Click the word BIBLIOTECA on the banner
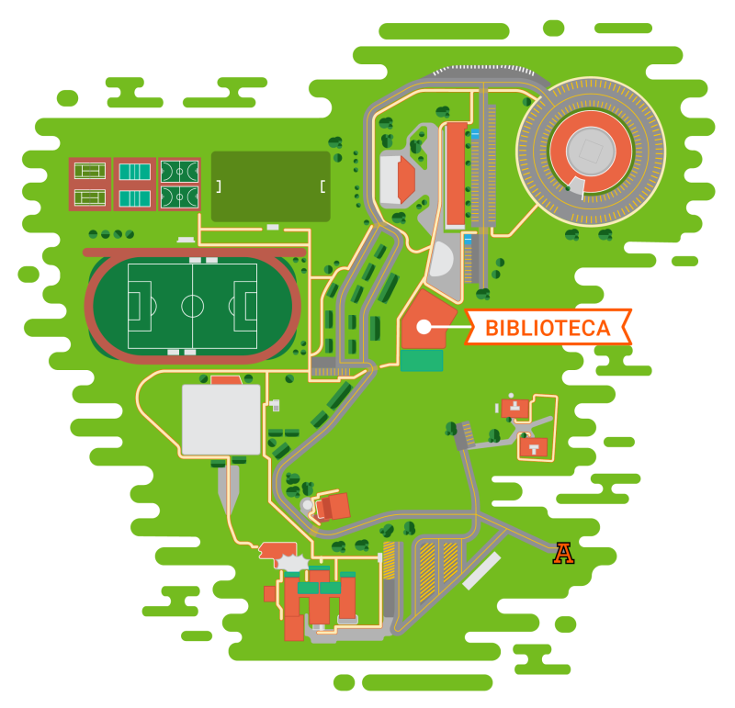[548, 328]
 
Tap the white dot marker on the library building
[423, 326]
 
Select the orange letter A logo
[564, 553]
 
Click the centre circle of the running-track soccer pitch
[192, 306]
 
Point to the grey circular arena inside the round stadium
[590, 148]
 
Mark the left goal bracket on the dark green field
[219, 186]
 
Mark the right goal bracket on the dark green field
[322, 186]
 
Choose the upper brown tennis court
[90, 171]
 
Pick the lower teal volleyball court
[135, 197]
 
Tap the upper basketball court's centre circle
[179, 171]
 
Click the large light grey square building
[220, 420]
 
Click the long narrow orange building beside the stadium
[455, 174]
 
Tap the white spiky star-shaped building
[292, 563]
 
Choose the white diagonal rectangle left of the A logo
[481, 570]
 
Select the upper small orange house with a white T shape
[515, 407]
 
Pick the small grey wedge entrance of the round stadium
[576, 186]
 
